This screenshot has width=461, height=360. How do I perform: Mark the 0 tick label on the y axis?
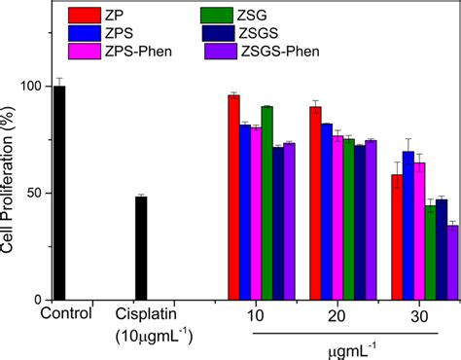pos(38,299)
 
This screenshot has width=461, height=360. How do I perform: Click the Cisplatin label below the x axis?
pos(143,314)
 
